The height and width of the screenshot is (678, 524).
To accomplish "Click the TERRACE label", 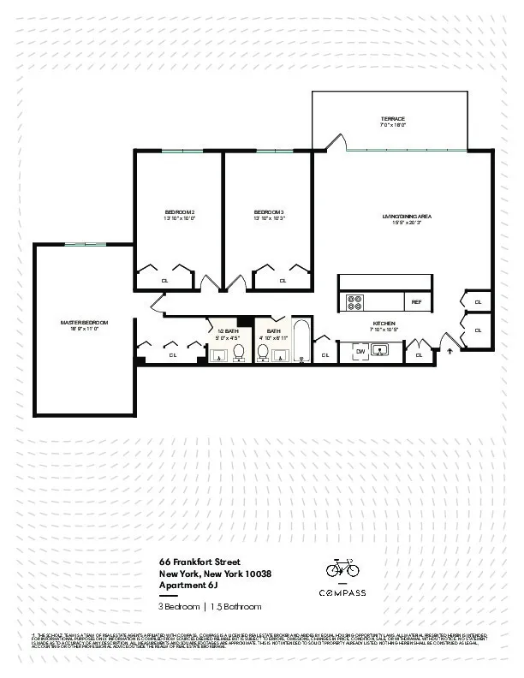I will [x=392, y=118].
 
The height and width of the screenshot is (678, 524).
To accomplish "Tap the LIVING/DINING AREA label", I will [x=407, y=217].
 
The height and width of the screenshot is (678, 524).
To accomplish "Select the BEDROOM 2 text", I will [x=180, y=211].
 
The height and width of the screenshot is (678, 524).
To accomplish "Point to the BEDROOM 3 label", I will [x=269, y=211].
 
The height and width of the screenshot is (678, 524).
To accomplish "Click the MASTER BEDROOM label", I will [x=85, y=322].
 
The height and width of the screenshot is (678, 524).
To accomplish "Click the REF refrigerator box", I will [x=417, y=302].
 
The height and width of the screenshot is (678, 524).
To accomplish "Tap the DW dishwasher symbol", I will [x=360, y=350].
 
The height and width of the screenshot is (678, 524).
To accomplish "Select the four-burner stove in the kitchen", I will [x=354, y=302].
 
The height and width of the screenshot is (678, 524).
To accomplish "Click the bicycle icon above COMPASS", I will [x=342, y=568].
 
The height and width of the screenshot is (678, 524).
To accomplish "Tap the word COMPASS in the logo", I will [x=342, y=593].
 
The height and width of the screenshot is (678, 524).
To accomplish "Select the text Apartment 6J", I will [x=190, y=585].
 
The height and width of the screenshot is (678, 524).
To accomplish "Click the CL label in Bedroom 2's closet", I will [x=164, y=280].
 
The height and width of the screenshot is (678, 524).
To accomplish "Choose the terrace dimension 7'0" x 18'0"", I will [x=392, y=126].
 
